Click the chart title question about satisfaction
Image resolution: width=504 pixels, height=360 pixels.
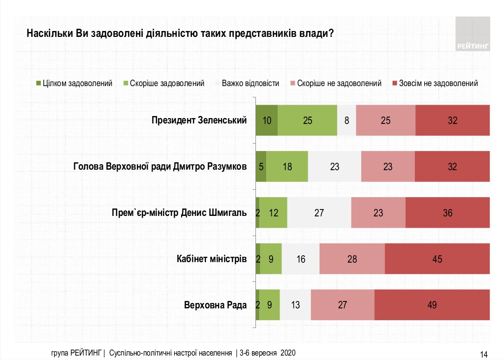(x=177, y=34)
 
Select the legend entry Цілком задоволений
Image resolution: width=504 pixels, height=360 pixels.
(x=74, y=83)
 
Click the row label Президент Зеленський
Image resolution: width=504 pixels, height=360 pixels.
(x=199, y=120)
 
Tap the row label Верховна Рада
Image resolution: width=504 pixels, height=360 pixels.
(x=215, y=305)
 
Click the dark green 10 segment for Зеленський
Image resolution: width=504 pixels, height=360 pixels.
(x=266, y=120)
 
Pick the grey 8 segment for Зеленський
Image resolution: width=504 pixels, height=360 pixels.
(x=346, y=120)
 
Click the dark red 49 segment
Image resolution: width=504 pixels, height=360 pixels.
(x=432, y=305)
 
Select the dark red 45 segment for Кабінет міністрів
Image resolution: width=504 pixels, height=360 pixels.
(x=437, y=259)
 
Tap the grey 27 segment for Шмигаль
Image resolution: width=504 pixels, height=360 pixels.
(x=319, y=213)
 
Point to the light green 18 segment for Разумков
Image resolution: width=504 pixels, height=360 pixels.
(x=287, y=167)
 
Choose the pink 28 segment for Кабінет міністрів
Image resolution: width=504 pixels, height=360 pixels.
(x=352, y=259)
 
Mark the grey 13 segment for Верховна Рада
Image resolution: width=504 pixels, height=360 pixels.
(x=295, y=305)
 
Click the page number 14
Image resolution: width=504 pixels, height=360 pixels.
(x=483, y=354)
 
